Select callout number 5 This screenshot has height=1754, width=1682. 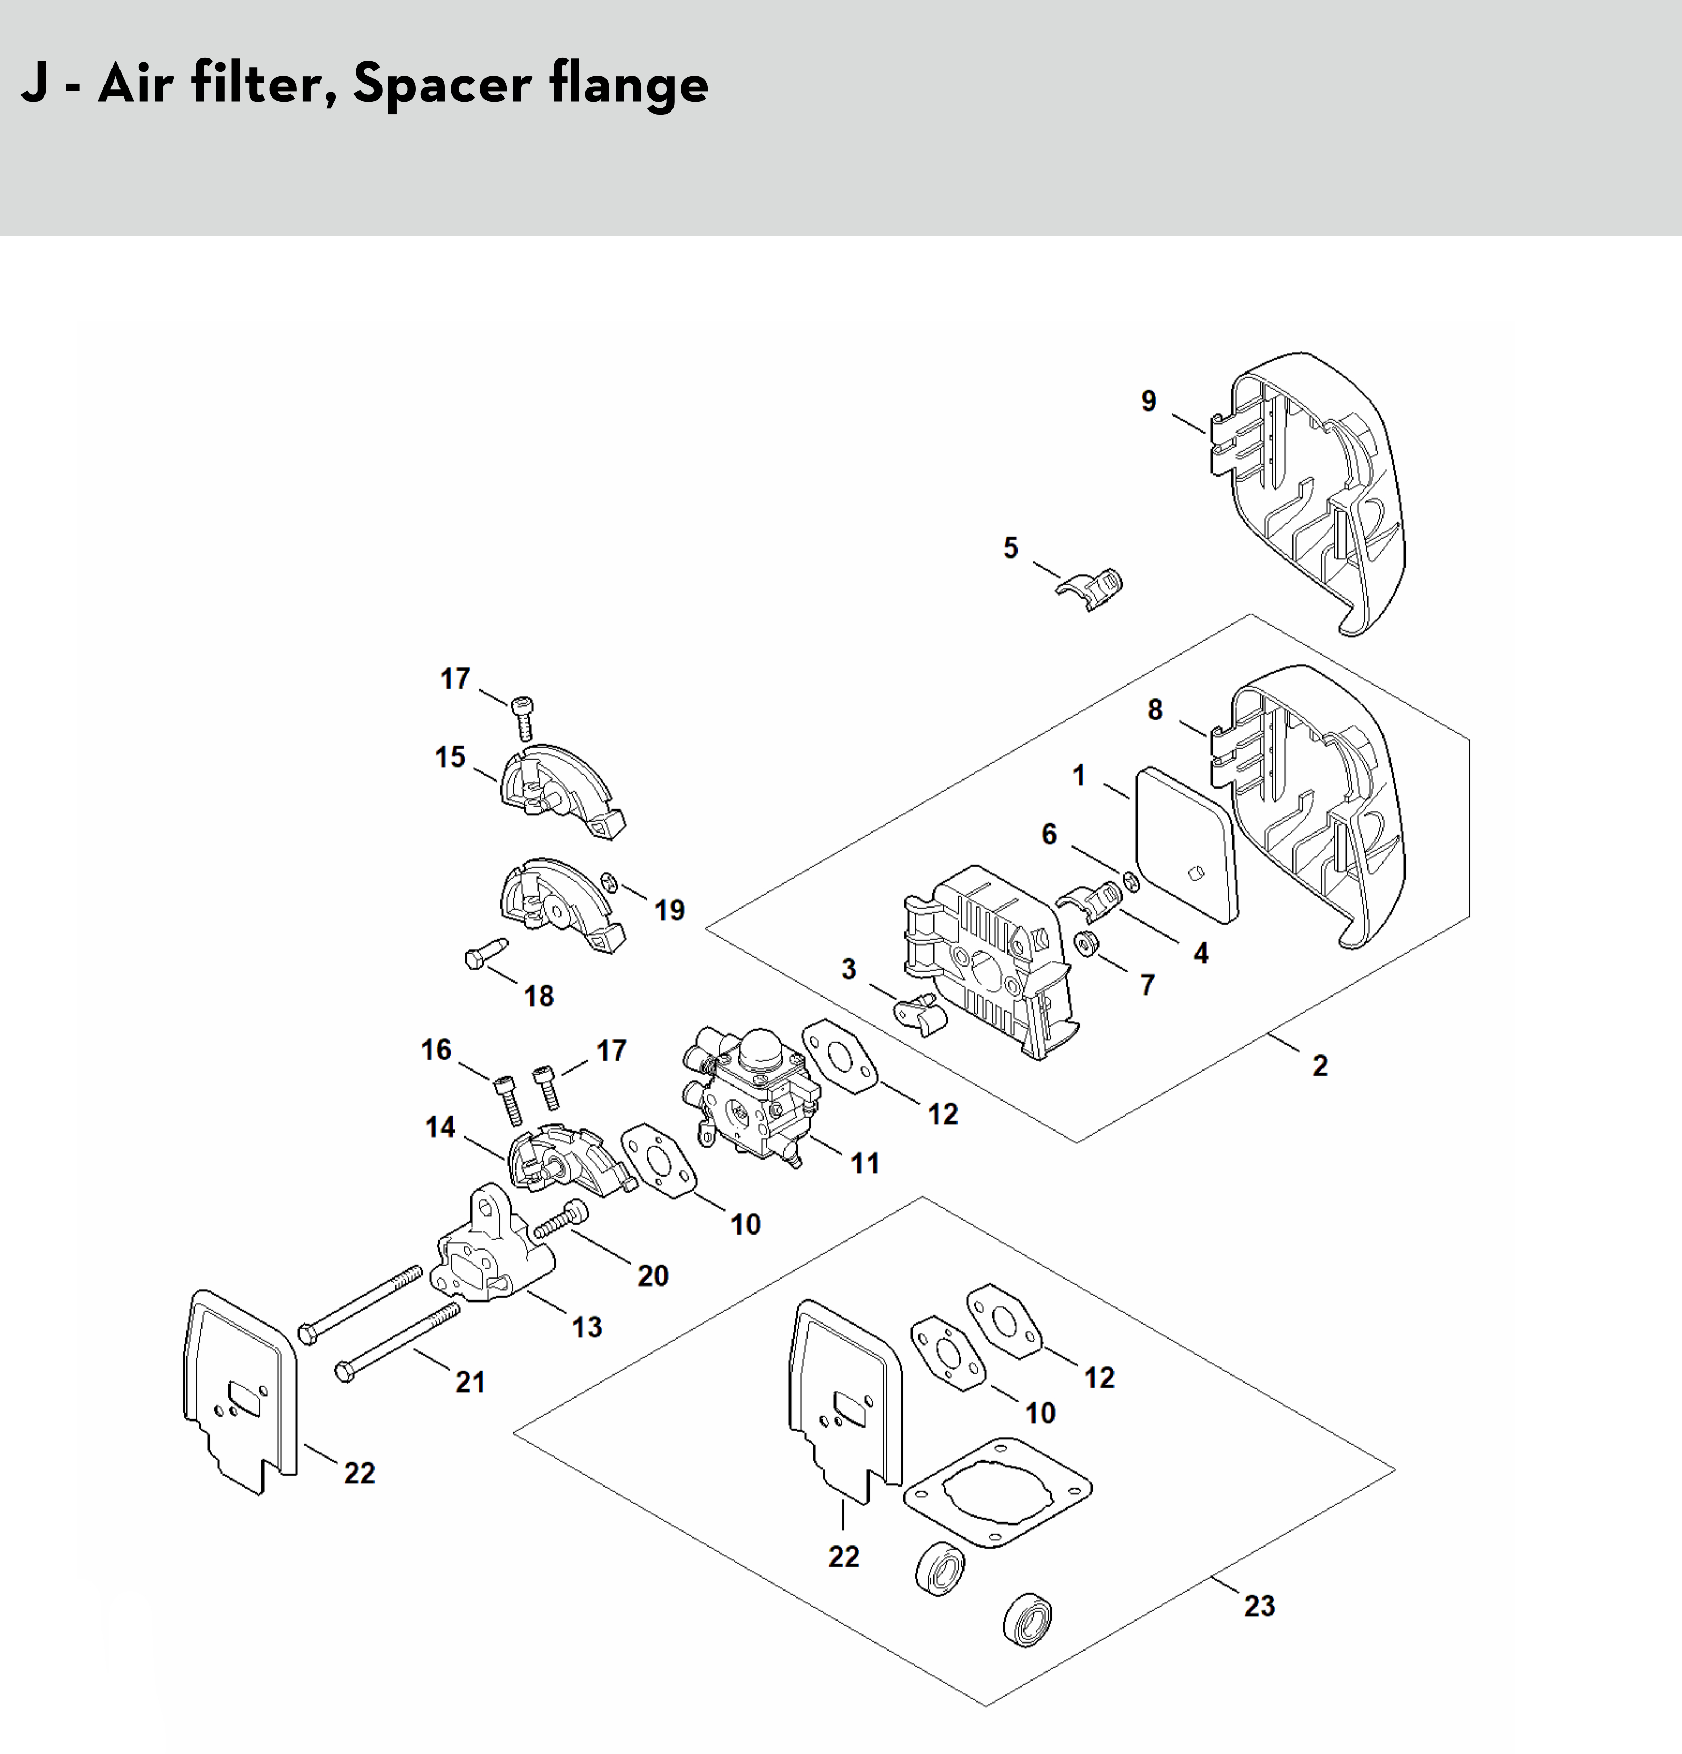pos(1010,548)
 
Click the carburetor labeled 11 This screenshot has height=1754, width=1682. pos(756,1096)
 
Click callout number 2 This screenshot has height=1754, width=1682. pos(1320,1066)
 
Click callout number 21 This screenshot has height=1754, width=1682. pos(470,1382)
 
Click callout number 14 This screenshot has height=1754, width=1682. pos(440,1127)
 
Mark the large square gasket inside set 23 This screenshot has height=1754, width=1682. pos(998,1491)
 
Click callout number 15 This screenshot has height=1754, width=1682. pos(450,757)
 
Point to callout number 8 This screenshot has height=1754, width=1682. pos(1155,710)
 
